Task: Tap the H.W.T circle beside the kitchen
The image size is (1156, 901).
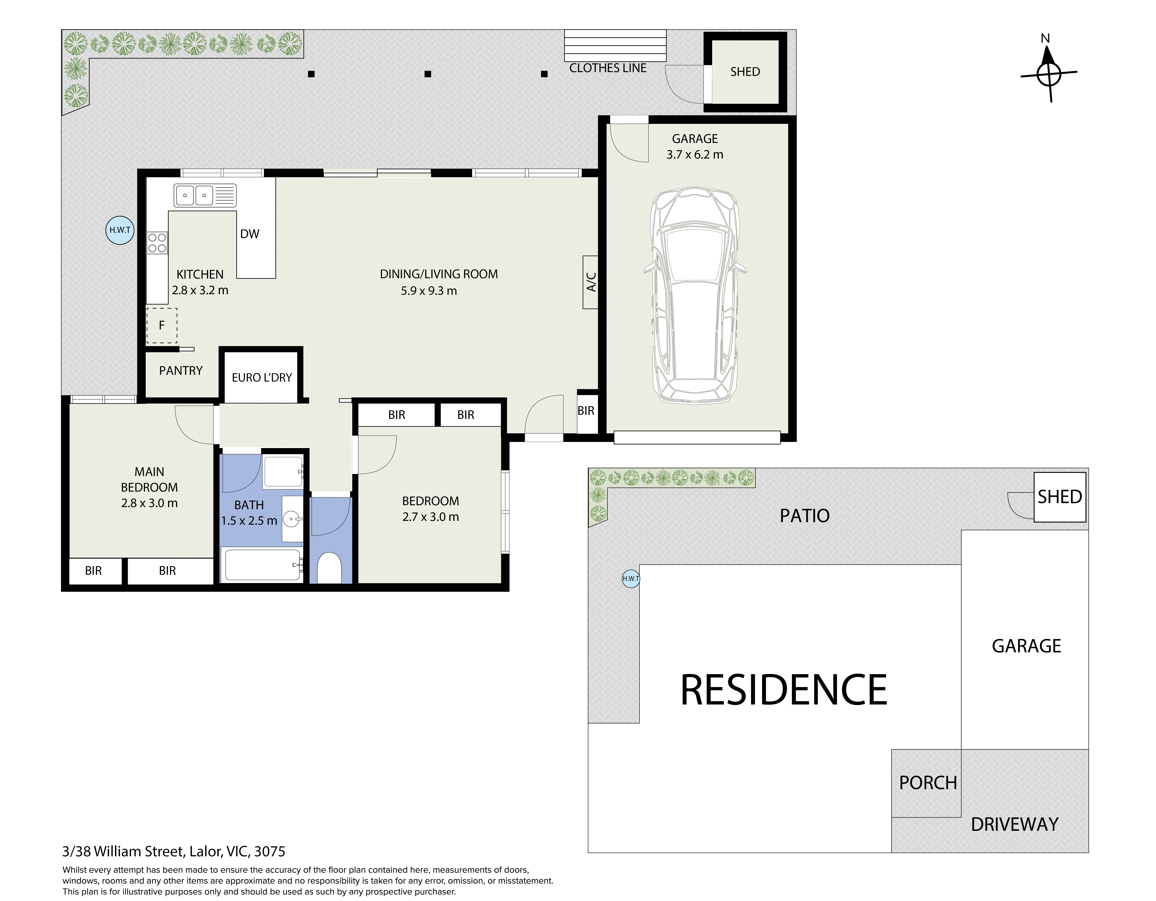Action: coord(120,230)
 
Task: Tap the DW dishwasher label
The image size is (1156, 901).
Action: coord(250,234)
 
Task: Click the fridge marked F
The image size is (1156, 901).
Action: coord(162,325)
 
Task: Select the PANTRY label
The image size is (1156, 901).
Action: coord(181,370)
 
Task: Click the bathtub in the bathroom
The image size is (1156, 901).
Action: coord(263,565)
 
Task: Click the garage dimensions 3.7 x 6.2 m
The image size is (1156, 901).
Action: coord(695,155)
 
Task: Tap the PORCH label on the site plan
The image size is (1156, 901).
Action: coord(928,783)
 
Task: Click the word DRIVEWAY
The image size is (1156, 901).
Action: coord(1015,824)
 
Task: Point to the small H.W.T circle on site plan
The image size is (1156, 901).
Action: coord(631,578)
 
